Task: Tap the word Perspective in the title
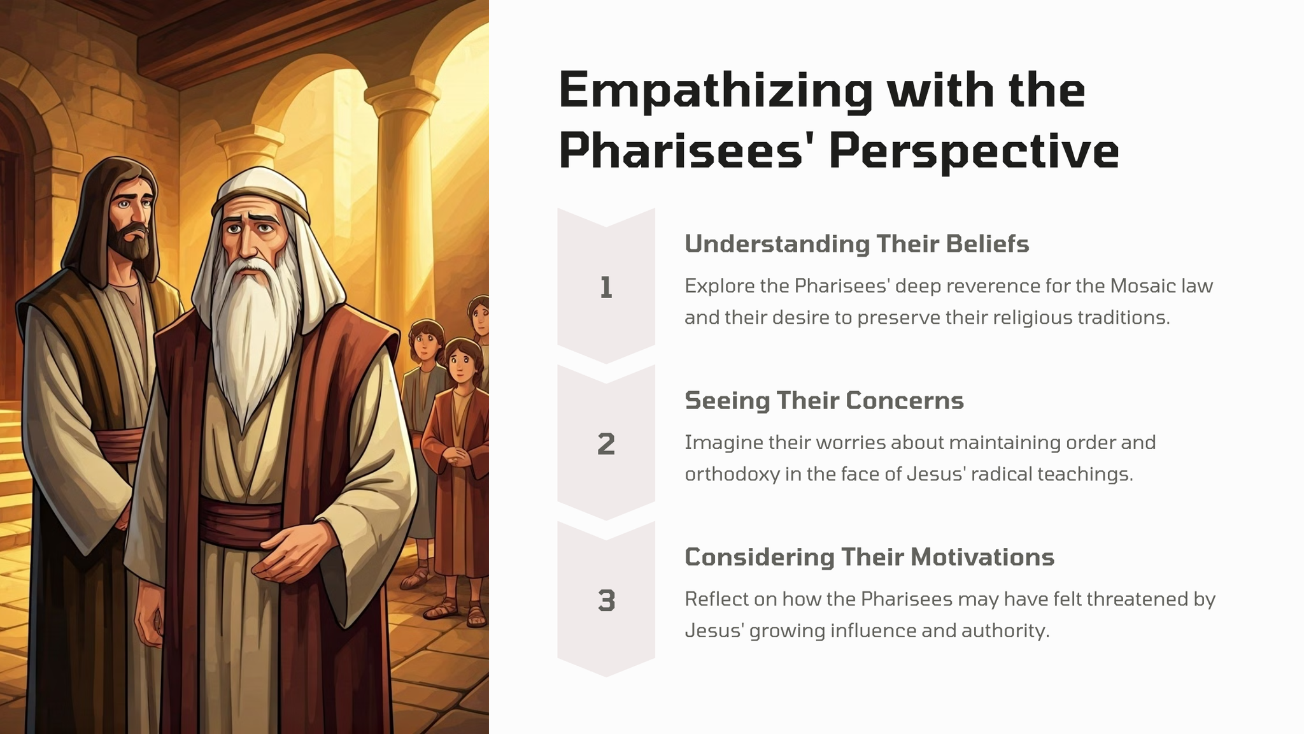974,151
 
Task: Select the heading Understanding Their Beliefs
856,244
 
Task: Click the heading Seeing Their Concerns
824,401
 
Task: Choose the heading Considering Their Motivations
869,558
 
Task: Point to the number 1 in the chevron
606,288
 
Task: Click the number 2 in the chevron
606,444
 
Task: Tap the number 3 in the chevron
606,601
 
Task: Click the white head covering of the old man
261,191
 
